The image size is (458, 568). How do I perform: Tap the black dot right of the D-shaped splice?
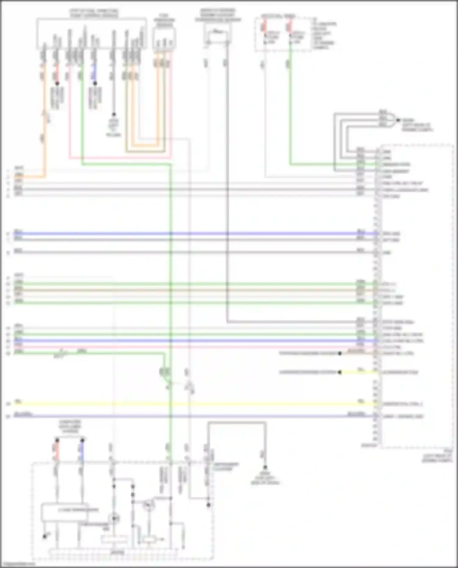(398, 120)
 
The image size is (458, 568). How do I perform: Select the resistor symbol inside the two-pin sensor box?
(217, 31)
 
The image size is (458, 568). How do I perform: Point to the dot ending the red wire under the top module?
(57, 83)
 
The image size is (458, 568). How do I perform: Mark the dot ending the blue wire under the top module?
(95, 83)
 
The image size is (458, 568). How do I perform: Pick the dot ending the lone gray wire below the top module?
(114, 114)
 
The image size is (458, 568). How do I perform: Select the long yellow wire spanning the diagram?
(195, 404)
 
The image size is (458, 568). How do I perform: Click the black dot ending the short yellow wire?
(340, 372)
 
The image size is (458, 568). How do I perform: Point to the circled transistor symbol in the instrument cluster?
(149, 505)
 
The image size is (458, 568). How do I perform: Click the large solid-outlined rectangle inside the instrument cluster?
(65, 512)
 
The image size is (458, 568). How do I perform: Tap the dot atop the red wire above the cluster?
(57, 440)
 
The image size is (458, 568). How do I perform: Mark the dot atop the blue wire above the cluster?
(82, 440)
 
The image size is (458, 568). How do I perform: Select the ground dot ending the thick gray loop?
(265, 468)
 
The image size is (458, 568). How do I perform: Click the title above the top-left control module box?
(94, 13)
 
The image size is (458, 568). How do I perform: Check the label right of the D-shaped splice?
(417, 125)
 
